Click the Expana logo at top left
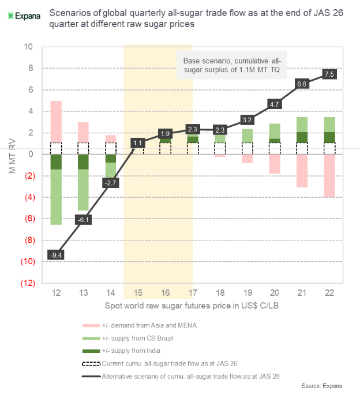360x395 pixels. pyautogui.click(x=24, y=15)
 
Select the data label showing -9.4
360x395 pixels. pyautogui.click(x=56, y=255)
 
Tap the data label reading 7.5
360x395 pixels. pyautogui.click(x=329, y=74)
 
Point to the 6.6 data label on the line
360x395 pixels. pyautogui.click(x=302, y=84)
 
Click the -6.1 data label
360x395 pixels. pyautogui.click(x=84, y=219)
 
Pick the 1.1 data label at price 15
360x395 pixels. pyautogui.click(x=138, y=142)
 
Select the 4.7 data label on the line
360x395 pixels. pyautogui.click(x=275, y=104)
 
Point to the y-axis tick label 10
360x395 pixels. pyautogui.click(x=28, y=47)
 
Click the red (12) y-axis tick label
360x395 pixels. pyautogui.click(x=26, y=283)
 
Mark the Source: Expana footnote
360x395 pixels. pyautogui.click(x=324, y=385)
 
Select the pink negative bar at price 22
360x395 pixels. pyautogui.click(x=329, y=175)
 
